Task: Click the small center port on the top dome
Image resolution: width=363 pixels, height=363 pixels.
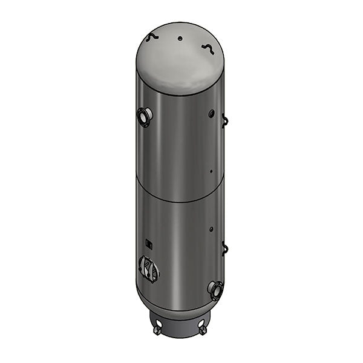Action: (x=180, y=38)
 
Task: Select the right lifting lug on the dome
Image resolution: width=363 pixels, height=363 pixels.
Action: (x=208, y=48)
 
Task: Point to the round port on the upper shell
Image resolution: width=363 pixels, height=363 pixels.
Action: (x=210, y=113)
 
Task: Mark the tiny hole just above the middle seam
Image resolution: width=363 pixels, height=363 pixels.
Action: (x=211, y=171)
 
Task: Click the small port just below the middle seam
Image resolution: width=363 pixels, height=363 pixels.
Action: (x=211, y=229)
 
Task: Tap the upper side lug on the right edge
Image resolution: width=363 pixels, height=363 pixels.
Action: (x=225, y=120)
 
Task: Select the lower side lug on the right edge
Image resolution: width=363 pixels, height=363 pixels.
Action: (x=225, y=247)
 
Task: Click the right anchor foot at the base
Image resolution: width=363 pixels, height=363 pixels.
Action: (x=201, y=330)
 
